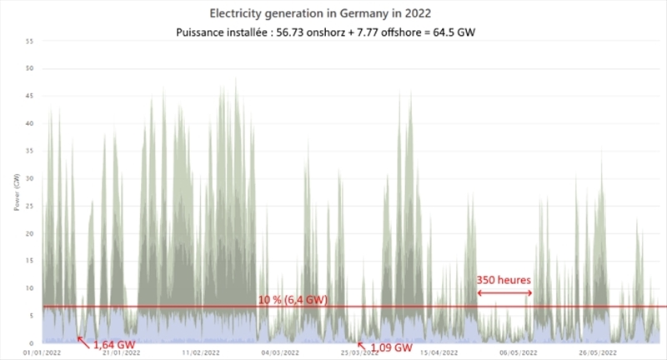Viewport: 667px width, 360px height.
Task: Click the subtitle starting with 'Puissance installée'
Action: tap(332, 32)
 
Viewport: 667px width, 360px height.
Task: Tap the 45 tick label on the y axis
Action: tap(30, 96)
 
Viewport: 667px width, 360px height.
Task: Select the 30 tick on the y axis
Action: tap(30, 178)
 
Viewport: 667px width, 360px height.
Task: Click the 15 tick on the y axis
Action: tap(30, 261)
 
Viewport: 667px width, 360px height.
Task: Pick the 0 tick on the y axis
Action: tap(32, 342)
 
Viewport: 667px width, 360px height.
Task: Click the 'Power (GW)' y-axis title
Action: tap(16, 192)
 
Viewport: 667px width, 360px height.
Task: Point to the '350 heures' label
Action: tap(504, 280)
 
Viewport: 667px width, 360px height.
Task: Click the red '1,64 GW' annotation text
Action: tap(112, 344)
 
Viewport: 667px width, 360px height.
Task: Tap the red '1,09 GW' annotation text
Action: tap(390, 346)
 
